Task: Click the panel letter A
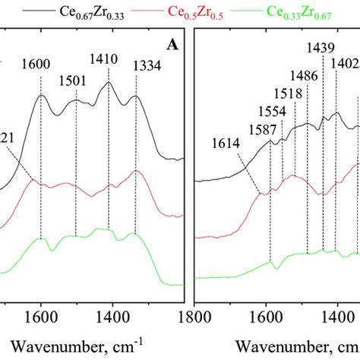tap(172, 45)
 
